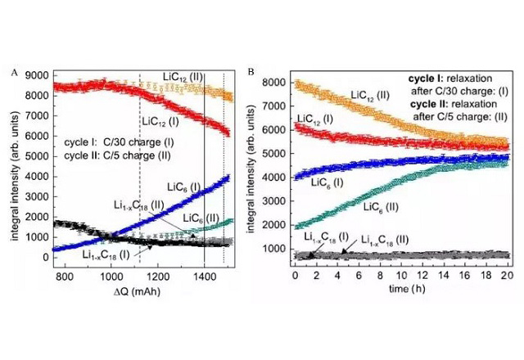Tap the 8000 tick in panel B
click(x=278, y=83)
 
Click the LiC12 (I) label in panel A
click(x=165, y=122)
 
